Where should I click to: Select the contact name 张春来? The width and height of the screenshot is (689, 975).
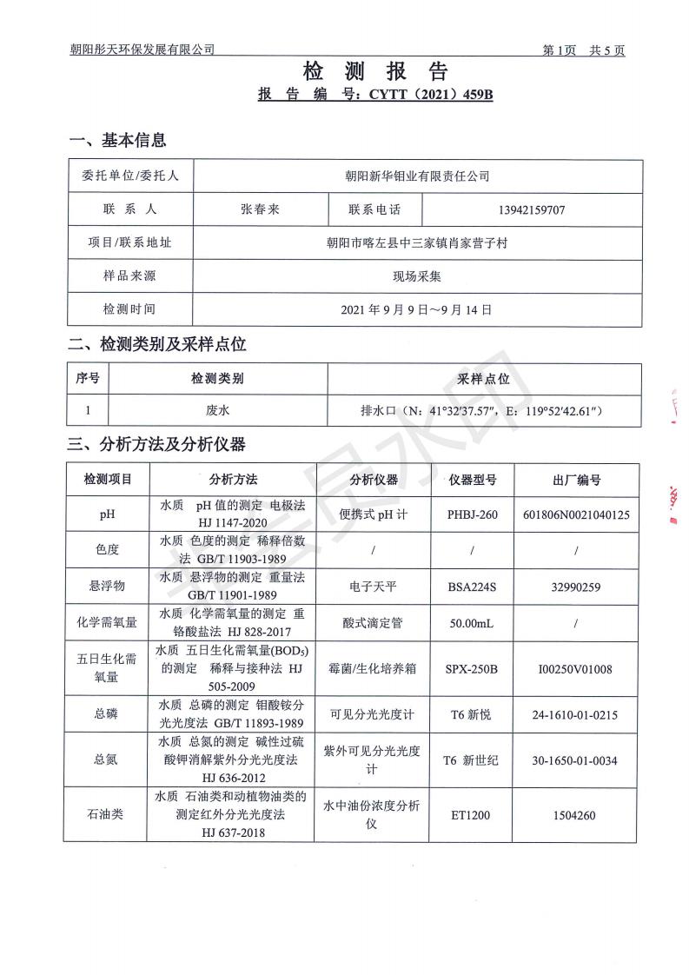(x=260, y=209)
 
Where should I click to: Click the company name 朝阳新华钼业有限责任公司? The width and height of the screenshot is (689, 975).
(x=417, y=176)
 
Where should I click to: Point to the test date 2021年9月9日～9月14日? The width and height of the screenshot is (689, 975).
(x=417, y=309)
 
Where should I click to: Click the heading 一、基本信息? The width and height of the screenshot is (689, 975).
(x=117, y=140)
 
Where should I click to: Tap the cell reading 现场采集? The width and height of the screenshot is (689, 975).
(x=417, y=276)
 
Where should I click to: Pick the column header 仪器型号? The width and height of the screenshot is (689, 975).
(x=473, y=479)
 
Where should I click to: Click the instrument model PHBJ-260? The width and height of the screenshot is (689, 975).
(x=473, y=514)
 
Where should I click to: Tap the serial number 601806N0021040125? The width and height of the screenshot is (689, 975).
(x=577, y=514)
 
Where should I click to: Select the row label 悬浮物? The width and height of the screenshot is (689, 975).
(x=107, y=587)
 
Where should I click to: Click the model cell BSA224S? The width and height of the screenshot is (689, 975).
(x=473, y=587)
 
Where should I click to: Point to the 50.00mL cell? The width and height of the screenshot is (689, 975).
(x=473, y=622)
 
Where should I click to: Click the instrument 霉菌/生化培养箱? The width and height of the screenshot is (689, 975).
(x=374, y=669)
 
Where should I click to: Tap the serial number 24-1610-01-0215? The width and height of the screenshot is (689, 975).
(x=577, y=714)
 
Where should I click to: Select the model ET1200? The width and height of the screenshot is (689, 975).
(x=473, y=816)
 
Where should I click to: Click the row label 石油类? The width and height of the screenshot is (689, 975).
(x=107, y=816)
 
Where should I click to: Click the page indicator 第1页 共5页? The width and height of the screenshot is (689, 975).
(x=584, y=50)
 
